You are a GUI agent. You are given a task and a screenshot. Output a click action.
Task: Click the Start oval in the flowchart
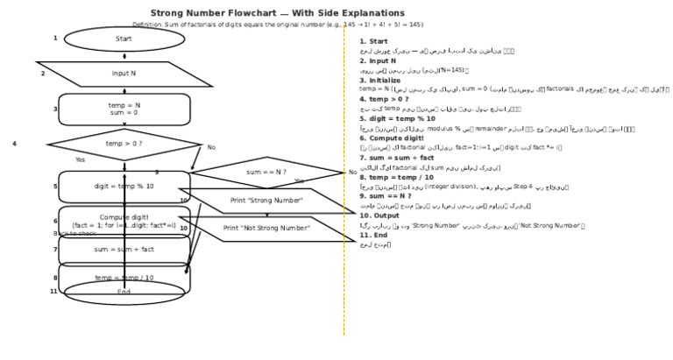coord(124,39)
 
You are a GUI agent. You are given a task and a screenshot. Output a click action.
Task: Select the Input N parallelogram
coord(124,74)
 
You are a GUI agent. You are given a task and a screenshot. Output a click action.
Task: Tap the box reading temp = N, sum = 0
coord(124,109)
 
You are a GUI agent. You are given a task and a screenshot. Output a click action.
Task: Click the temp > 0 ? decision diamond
coord(124,144)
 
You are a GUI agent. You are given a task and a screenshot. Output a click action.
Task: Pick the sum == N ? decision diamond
coord(266,172)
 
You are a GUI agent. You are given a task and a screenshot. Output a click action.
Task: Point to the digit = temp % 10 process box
coord(124,187)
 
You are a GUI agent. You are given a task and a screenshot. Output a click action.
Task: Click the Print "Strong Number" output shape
coord(266,201)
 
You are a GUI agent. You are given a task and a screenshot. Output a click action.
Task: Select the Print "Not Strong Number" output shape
coord(266,229)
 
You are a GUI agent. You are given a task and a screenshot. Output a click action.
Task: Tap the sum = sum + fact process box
coord(124,250)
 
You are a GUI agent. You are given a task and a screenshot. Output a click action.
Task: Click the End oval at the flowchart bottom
coord(124,293)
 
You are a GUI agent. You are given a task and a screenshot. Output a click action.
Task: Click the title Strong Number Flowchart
coord(277,13)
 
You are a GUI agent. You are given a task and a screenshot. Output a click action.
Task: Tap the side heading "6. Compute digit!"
coord(391,138)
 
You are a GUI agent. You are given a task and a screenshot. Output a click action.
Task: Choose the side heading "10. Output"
coord(379,215)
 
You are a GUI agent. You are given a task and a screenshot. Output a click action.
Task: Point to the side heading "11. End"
coord(373,235)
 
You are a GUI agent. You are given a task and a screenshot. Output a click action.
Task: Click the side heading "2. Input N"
coord(378,61)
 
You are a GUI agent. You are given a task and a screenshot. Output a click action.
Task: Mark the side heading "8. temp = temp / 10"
coord(396,177)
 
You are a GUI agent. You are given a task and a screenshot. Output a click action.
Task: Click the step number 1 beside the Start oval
coord(54,39)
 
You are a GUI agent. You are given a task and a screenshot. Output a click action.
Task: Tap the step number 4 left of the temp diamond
coord(14,144)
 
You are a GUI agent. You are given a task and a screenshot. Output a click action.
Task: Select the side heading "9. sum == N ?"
coord(386,196)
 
